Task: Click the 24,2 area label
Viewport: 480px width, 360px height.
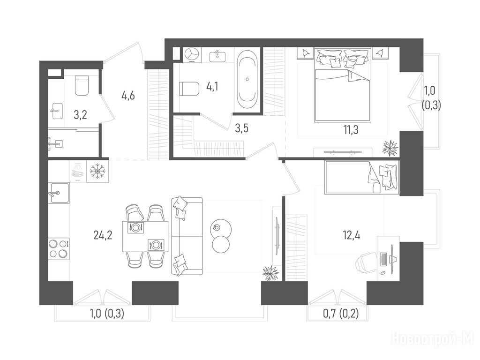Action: pos(103,235)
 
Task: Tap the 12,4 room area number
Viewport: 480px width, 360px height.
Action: pos(352,235)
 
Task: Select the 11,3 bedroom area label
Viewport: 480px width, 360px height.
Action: pos(351,130)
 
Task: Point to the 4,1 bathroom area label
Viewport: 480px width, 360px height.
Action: pos(212,87)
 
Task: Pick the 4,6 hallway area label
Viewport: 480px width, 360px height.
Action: pos(128,96)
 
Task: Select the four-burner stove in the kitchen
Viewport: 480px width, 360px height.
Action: pos(59,248)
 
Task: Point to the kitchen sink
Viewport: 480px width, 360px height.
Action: pos(59,193)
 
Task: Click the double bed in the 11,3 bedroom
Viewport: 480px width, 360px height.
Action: pos(343,85)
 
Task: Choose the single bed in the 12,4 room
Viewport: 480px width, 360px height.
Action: pos(362,177)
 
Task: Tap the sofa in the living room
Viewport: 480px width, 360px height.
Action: pos(187,236)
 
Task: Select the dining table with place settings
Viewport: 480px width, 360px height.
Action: pos(145,236)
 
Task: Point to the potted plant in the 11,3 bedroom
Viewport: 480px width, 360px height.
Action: pos(390,148)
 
